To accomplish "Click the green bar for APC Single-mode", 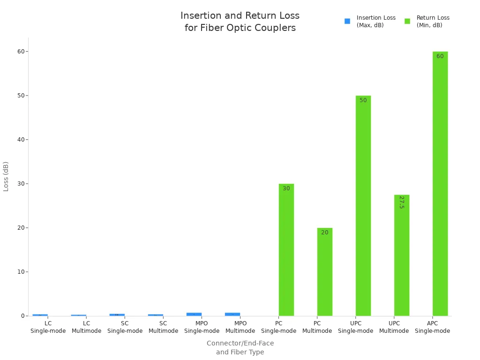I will (440, 184).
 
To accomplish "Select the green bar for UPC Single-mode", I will (363, 206).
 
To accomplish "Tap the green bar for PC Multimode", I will (324, 272).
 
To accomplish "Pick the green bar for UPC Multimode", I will (401, 255).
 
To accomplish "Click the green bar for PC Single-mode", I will (286, 250).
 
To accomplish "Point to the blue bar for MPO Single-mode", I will (194, 314).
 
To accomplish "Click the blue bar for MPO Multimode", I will (232, 314).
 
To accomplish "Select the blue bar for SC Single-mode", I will (117, 315).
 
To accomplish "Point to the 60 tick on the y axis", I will (21, 51).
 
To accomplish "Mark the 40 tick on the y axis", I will (21, 139).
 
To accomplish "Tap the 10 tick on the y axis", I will (21, 272).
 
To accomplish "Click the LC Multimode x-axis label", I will (86, 327).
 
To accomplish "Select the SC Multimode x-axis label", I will (163, 327).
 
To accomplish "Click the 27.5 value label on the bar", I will (401, 202).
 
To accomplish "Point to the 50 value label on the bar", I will (363, 100).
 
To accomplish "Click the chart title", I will (240, 22).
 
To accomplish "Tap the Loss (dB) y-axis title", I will (6, 176).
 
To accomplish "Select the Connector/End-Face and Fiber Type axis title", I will (240, 347).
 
